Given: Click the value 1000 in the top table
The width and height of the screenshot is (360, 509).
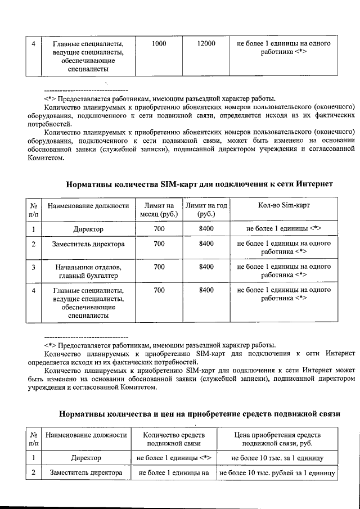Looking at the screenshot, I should pyautogui.click(x=159, y=43).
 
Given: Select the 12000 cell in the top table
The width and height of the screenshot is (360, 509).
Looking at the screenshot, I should pyautogui.click(x=206, y=43).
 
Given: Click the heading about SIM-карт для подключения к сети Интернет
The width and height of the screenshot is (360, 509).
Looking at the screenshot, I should pyautogui.click(x=200, y=183).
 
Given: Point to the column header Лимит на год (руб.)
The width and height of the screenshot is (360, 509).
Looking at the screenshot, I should pyautogui.click(x=206, y=209).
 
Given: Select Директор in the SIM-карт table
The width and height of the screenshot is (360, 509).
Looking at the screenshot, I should pyautogui.click(x=88, y=229).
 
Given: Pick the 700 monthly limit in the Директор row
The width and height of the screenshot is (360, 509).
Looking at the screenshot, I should pyautogui.click(x=159, y=229).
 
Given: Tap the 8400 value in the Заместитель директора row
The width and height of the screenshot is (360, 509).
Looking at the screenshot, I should pyautogui.click(x=206, y=244).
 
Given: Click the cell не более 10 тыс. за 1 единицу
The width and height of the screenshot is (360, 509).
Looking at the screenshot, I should pyautogui.click(x=277, y=458).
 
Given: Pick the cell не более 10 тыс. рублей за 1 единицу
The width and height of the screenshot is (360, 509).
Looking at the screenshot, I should pyautogui.click(x=277, y=473).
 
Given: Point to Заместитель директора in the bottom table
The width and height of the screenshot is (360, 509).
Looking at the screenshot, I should pyautogui.click(x=87, y=473).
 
